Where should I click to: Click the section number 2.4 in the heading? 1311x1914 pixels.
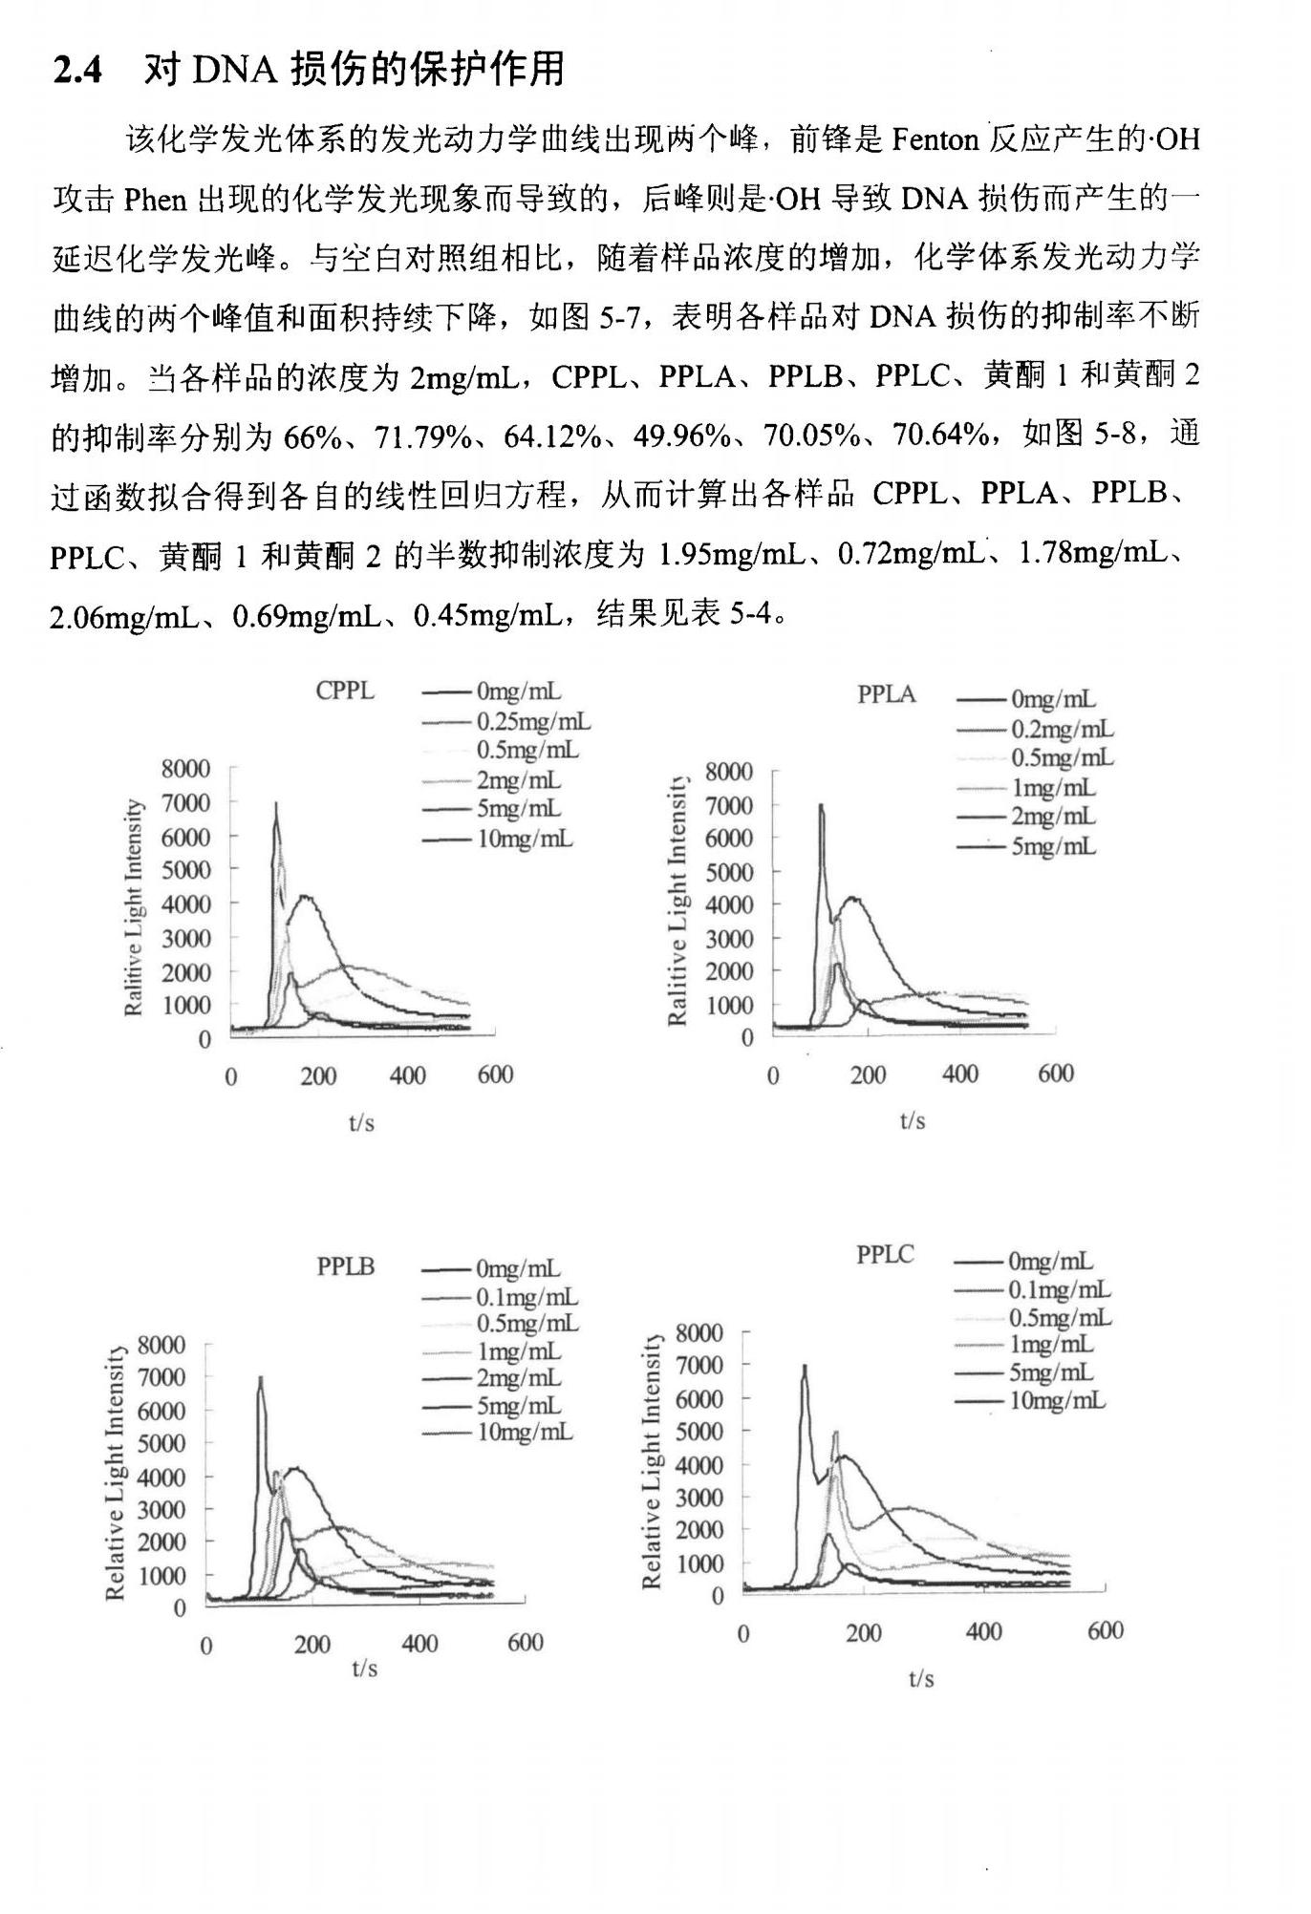point(77,70)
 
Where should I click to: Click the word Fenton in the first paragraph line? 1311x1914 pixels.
point(935,140)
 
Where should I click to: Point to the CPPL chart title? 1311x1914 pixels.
point(345,691)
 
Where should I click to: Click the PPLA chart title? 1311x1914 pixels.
point(886,694)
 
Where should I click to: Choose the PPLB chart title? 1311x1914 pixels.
point(345,1266)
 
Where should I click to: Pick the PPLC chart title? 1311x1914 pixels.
point(885,1254)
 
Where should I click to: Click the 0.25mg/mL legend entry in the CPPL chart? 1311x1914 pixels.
point(532,721)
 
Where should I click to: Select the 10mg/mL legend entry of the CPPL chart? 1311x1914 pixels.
point(525,839)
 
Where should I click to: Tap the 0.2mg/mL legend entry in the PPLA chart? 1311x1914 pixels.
point(1062,730)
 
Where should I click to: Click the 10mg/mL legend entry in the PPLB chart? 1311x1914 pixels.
point(525,1432)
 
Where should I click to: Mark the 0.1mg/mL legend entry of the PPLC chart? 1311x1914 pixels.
point(1059,1289)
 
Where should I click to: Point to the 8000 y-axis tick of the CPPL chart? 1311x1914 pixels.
point(185,768)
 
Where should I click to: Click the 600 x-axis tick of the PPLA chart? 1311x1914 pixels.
point(1055,1074)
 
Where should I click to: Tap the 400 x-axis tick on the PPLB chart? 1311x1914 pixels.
point(419,1644)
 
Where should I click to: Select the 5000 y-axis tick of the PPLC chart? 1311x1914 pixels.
point(699,1431)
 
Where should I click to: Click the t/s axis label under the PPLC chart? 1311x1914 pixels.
point(921,1678)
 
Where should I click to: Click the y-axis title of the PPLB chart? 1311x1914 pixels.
point(115,1473)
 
